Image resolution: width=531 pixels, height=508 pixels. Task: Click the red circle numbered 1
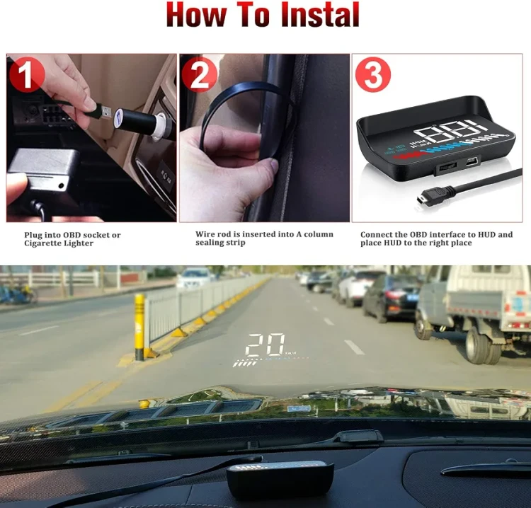27,75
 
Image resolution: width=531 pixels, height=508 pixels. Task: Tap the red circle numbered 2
199,74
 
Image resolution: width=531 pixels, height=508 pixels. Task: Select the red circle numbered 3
373,75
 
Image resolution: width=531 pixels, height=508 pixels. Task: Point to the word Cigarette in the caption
42,243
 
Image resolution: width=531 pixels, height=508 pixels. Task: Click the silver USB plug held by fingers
104,112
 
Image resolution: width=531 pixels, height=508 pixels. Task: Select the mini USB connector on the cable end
422,198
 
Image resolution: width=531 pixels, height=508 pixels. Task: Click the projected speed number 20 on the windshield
265,345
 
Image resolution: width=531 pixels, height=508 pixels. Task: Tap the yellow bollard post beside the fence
139,327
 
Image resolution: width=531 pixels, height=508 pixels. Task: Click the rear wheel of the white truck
478,345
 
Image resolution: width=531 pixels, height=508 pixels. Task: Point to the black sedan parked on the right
391,297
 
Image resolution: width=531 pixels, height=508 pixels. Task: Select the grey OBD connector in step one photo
42,169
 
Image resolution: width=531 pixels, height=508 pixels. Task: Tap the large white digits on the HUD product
450,130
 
